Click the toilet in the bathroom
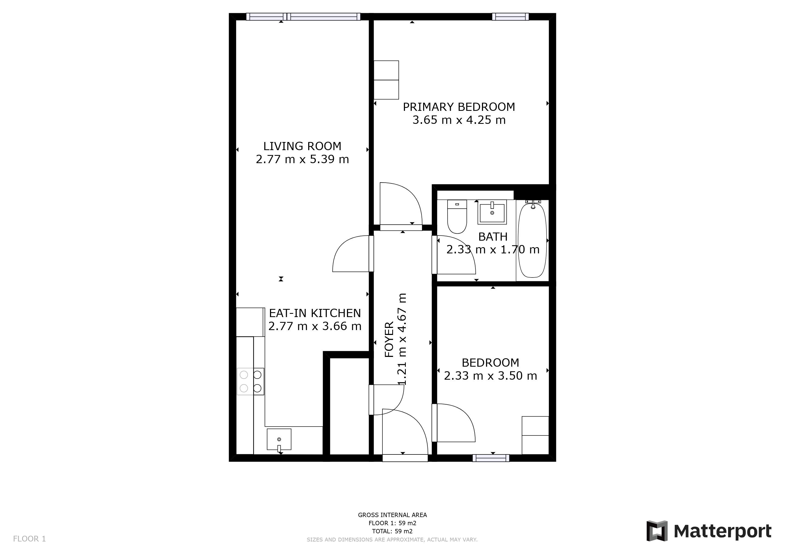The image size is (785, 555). tap(457, 217)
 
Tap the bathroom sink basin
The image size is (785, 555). tap(492, 213)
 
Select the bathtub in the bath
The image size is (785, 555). tap(532, 240)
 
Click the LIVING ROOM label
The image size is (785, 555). tap(302, 146)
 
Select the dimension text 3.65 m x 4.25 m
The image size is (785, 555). tap(459, 120)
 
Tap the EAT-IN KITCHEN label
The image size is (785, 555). tap(315, 313)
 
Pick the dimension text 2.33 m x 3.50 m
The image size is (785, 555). tap(490, 376)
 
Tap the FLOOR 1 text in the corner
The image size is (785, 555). tap(29, 539)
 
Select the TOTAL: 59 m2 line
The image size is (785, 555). tap(392, 531)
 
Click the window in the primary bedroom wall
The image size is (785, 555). tap(510, 17)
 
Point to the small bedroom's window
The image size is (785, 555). tap(491, 458)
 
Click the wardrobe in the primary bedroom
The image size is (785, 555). tap(386, 80)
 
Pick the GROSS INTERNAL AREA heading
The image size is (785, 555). tap(392, 515)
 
